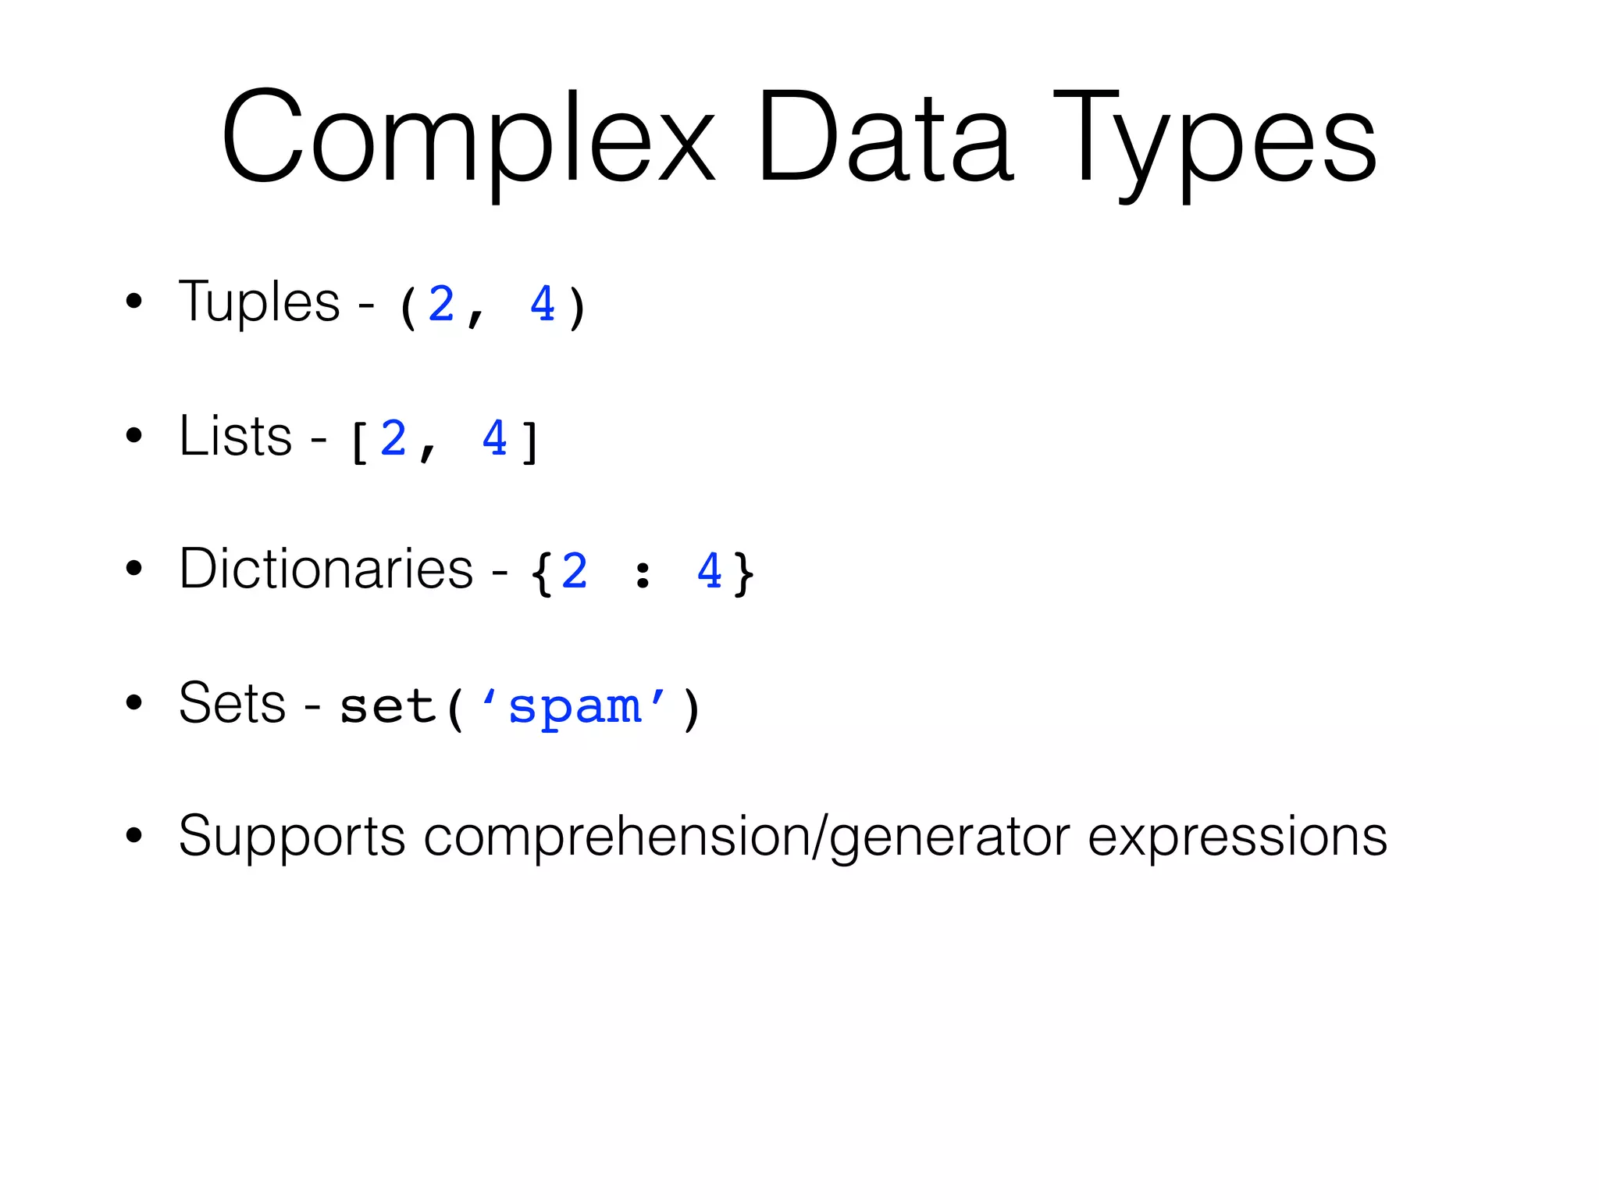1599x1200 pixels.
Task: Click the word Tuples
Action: [259, 302]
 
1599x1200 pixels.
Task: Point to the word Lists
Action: [235, 436]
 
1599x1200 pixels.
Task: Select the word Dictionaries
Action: [326, 569]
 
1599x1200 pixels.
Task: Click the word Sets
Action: [232, 703]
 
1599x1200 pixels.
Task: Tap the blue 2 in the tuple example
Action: [441, 304]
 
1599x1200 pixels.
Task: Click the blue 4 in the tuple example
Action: [542, 304]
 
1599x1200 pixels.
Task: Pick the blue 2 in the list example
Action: [394, 438]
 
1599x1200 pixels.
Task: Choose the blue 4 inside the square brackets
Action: [495, 438]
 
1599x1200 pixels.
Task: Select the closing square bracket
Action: [530, 442]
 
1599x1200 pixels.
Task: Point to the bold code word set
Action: [387, 707]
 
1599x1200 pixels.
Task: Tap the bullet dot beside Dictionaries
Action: [134, 569]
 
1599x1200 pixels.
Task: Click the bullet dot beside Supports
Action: [134, 835]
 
